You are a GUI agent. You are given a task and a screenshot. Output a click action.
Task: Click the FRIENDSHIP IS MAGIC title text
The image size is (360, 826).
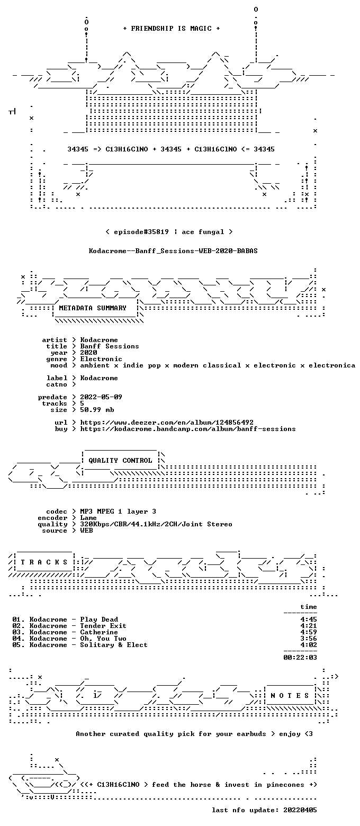[x=171, y=29]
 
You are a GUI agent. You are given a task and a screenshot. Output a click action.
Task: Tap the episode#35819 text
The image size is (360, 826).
[x=141, y=232]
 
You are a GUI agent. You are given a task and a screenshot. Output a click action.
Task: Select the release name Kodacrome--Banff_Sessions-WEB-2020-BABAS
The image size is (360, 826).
[x=173, y=251]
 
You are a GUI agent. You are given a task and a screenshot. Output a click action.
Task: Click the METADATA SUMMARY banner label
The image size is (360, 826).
[x=93, y=308]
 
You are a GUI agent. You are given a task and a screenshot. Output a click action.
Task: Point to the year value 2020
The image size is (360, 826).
[x=88, y=353]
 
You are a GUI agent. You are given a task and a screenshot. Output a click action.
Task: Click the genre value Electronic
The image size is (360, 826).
[x=101, y=359]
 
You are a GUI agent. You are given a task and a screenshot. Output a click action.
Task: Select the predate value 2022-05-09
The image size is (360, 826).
[x=101, y=397]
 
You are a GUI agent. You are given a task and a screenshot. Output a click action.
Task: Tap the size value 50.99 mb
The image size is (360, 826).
[x=97, y=410]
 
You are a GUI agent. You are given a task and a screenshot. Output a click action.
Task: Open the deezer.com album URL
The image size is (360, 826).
[x=167, y=423]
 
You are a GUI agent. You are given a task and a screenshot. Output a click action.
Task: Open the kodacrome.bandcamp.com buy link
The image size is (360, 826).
[x=188, y=429]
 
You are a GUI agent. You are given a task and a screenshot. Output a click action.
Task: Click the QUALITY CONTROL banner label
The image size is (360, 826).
[x=120, y=461]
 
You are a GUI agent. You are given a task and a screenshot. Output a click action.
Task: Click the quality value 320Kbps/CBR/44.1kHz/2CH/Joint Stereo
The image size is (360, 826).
[x=156, y=524]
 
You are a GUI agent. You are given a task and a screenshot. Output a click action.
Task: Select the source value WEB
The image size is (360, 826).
[x=86, y=530]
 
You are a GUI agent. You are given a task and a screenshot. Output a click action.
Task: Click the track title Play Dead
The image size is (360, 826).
[x=99, y=619]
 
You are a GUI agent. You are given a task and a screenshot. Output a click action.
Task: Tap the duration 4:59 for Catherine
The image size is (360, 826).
[x=309, y=632]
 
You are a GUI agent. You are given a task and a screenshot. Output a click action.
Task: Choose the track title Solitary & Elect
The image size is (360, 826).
[x=114, y=645]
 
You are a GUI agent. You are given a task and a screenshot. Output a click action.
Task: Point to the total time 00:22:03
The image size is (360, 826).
[x=300, y=658]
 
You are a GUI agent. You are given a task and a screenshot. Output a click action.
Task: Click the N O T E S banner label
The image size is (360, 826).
[x=290, y=695]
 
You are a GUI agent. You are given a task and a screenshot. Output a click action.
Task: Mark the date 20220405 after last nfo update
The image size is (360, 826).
[x=300, y=810]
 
